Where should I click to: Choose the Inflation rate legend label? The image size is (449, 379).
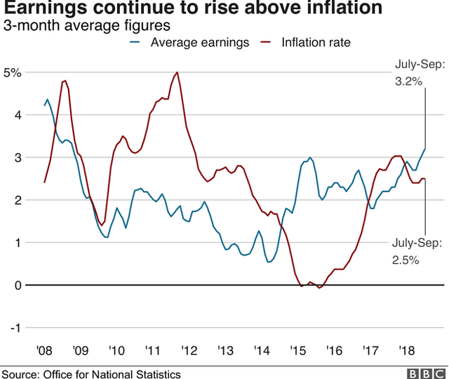tap(316, 43)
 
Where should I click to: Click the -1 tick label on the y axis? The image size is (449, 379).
tap(15, 328)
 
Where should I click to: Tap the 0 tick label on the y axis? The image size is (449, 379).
tap(18, 285)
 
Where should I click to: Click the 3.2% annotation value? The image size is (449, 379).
tap(408, 81)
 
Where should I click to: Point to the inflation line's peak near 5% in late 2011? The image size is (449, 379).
tap(177, 72)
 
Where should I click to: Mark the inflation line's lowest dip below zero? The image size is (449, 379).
tap(319, 288)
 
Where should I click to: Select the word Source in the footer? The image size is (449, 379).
tap(20, 373)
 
